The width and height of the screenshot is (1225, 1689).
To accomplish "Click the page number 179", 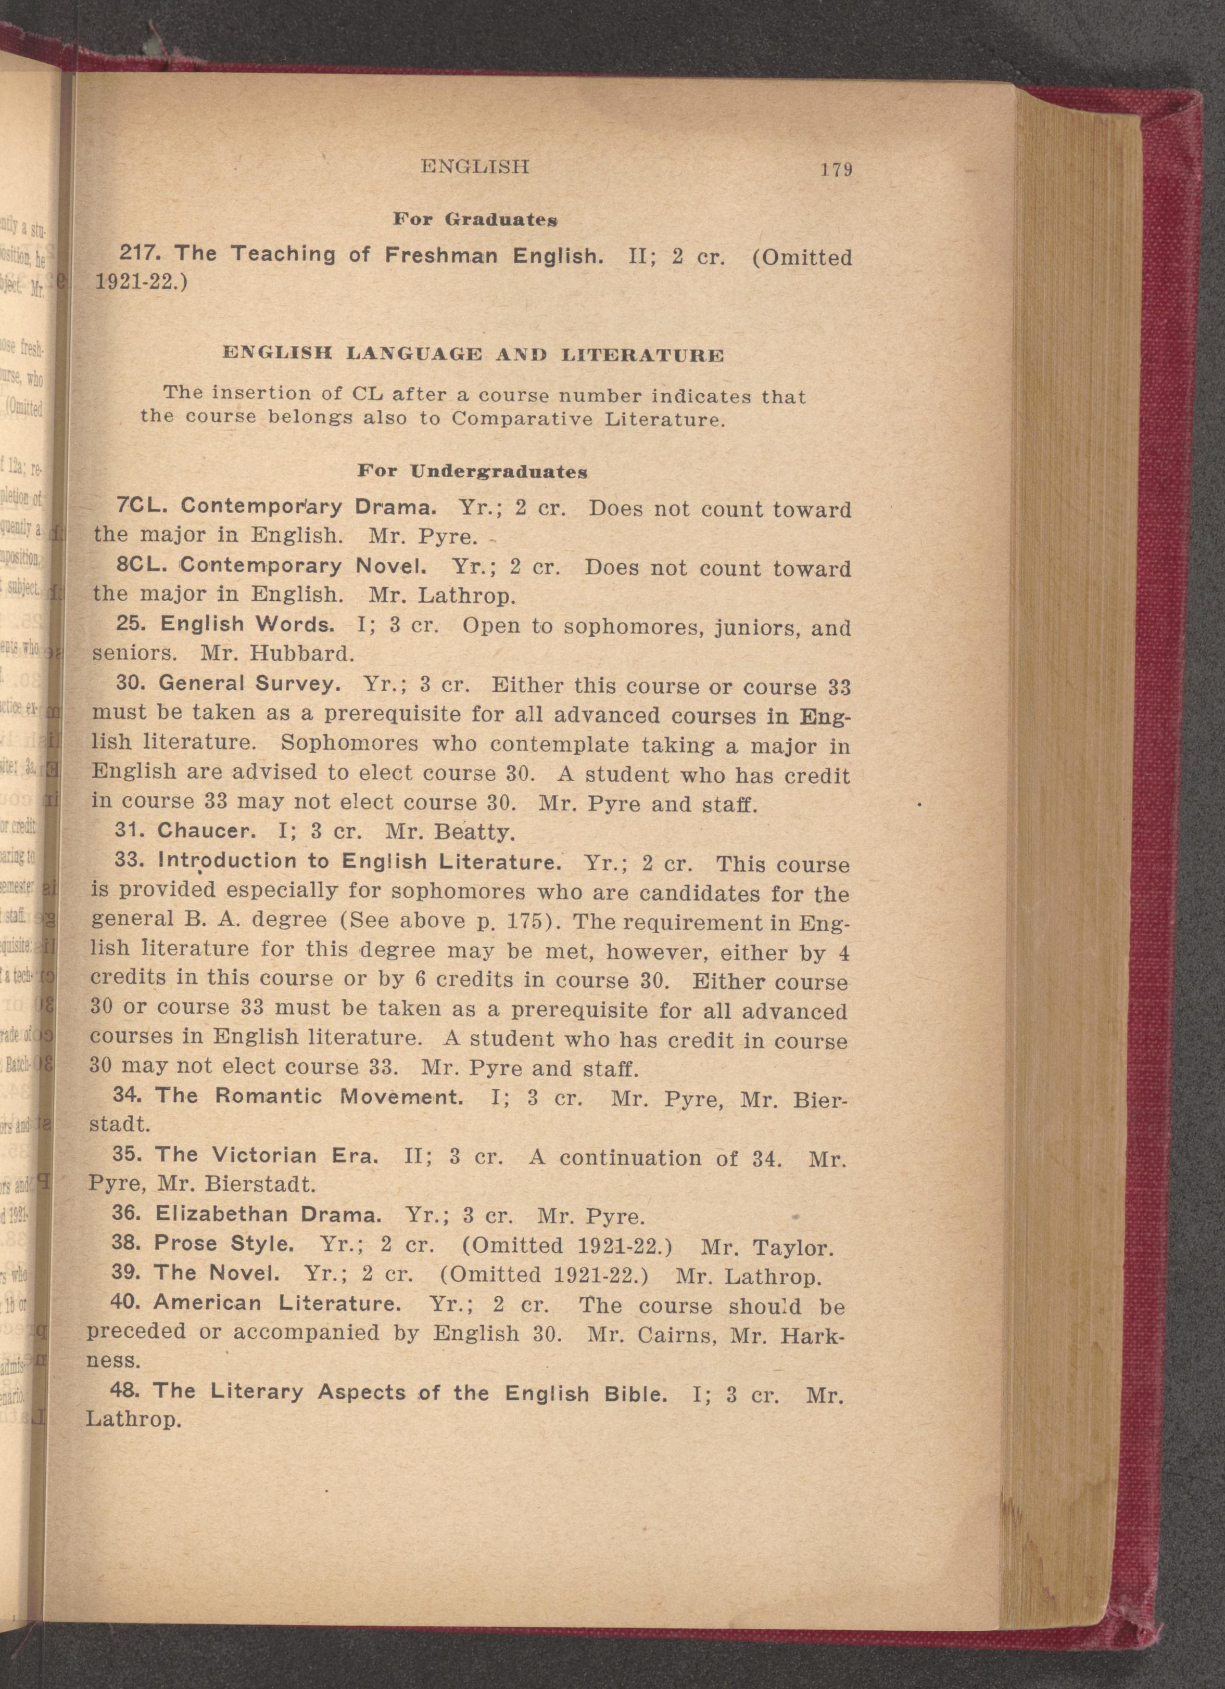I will coord(836,170).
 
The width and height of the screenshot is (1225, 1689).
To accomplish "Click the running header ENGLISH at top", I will coord(475,166).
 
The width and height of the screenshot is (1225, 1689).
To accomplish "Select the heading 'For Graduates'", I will coord(475,220).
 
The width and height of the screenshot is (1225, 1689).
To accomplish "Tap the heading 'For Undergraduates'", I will coord(472,471).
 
